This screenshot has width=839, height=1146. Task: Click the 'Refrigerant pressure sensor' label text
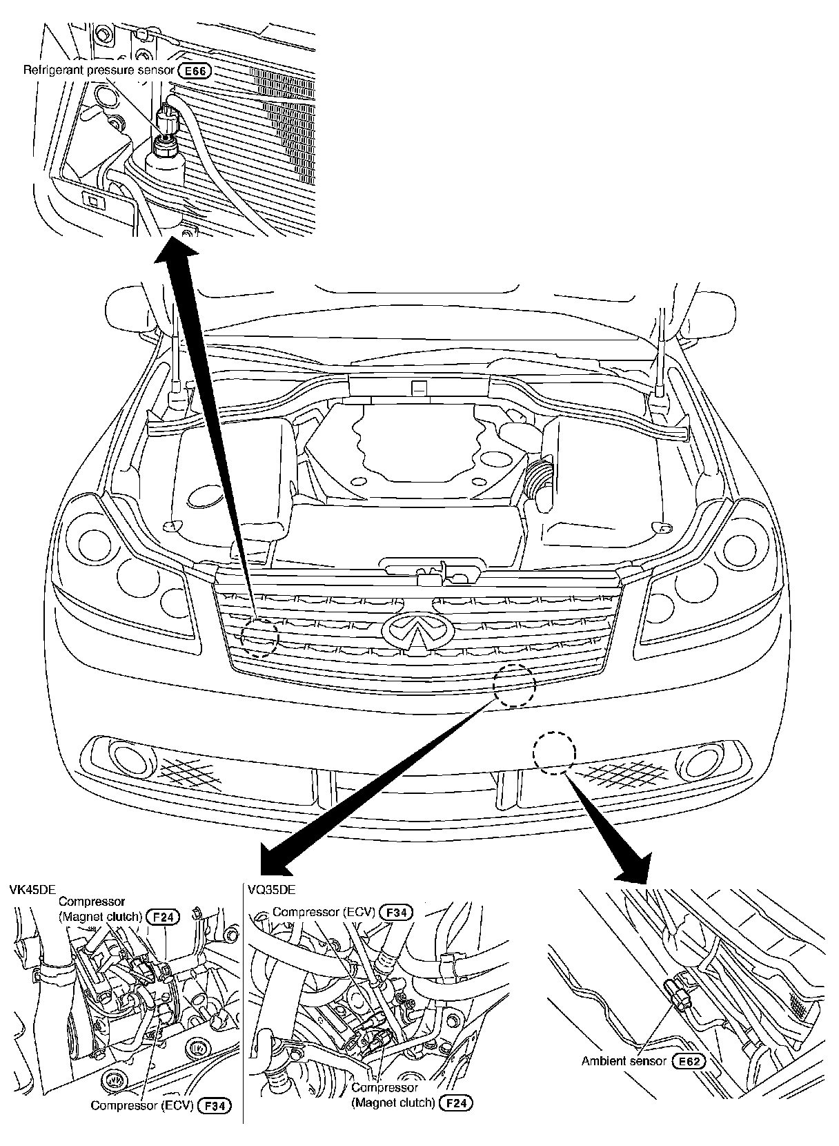tap(99, 70)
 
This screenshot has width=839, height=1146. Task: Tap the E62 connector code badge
tap(691, 1080)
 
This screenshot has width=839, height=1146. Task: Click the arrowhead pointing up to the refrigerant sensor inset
tap(172, 255)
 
